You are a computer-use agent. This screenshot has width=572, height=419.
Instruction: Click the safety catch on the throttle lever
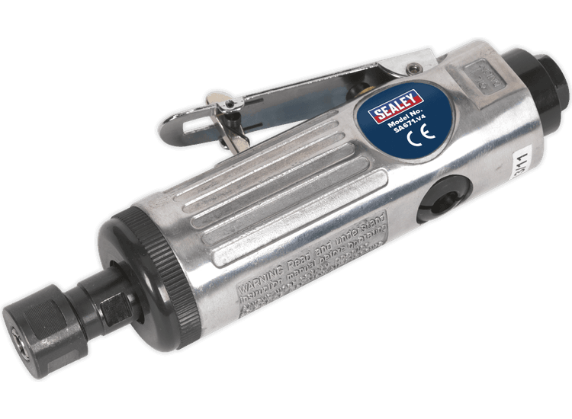pos(229,114)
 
